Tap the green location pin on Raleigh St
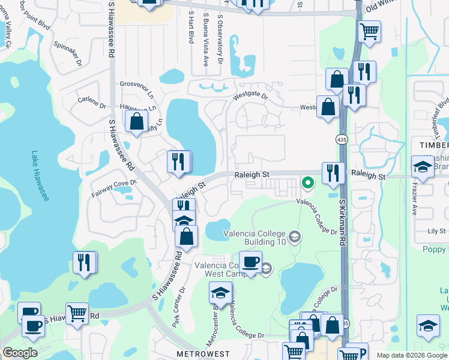308,182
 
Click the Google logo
20,352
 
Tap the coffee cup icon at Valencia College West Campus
250,262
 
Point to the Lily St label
436,231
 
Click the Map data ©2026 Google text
412,355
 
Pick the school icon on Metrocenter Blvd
220,293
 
